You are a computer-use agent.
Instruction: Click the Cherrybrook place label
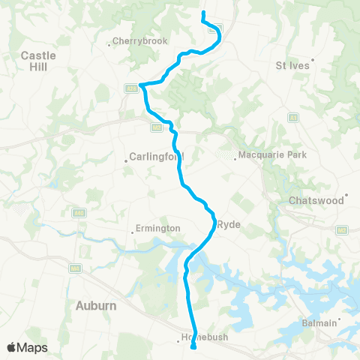click(136, 41)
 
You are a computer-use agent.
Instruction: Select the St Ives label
click(293, 64)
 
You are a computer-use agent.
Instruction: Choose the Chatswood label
click(316, 200)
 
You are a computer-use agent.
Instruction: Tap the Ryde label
click(228, 224)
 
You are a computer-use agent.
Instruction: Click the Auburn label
click(96, 305)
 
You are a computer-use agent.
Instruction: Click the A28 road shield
click(130, 88)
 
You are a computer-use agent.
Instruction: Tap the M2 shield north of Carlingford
click(156, 128)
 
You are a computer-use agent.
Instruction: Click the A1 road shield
click(292, 117)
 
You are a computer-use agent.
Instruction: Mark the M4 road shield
click(75, 268)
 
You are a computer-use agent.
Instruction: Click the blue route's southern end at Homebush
click(193, 346)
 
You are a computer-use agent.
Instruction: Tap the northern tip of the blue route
click(203, 13)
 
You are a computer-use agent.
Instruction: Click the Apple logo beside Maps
click(12, 347)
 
